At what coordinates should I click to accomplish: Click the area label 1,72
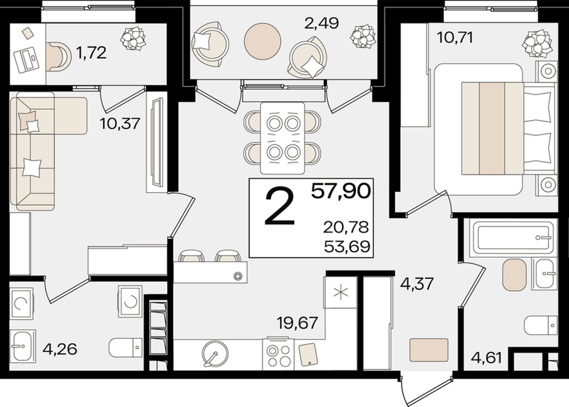tap(91, 53)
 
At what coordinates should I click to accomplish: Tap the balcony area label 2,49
tap(321, 23)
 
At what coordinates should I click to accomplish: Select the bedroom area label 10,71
tap(455, 37)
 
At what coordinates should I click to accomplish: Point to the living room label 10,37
tap(119, 124)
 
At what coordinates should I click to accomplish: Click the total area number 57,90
tap(340, 191)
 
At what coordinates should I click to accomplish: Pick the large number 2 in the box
tap(280, 207)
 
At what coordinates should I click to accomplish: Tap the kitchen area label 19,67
tap(297, 322)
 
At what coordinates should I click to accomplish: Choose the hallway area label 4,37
tap(417, 283)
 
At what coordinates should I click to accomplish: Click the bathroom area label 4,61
tap(486, 358)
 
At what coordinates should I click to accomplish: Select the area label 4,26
tap(59, 349)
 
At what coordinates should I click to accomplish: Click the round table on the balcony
tap(263, 41)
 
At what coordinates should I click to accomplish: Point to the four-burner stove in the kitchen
tap(278, 353)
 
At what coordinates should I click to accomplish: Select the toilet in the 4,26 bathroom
tap(126, 348)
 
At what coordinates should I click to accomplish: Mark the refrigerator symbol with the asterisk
tap(342, 293)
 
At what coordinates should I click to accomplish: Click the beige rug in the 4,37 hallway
tap(429, 349)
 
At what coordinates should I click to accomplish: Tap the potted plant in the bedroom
tap(537, 42)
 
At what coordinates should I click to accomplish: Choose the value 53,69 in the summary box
tap(347, 246)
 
